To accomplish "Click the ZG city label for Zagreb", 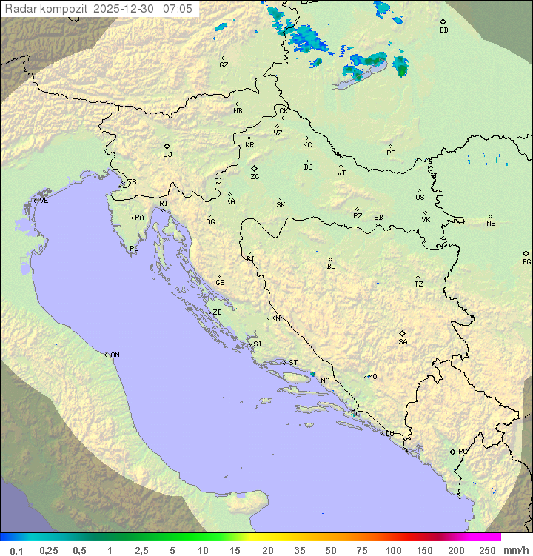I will pyautogui.click(x=255, y=177).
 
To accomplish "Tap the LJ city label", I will pyautogui.click(x=167, y=155).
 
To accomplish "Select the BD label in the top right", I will pyautogui.click(x=443, y=30).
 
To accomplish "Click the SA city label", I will pyautogui.click(x=403, y=342).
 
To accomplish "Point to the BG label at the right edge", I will pyautogui.click(x=526, y=261).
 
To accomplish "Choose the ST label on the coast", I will pyautogui.click(x=293, y=363).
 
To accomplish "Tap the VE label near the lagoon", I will pyautogui.click(x=44, y=201).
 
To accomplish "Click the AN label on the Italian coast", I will pyautogui.click(x=115, y=355).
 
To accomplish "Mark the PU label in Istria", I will pyautogui.click(x=134, y=249).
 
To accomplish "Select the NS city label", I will pyautogui.click(x=491, y=224).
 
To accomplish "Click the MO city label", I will pyautogui.click(x=372, y=377).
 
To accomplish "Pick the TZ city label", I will pyautogui.click(x=419, y=284).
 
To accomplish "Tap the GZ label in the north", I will pyautogui.click(x=224, y=65).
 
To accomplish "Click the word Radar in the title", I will pyautogui.click(x=20, y=9).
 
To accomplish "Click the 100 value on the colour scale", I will pyautogui.click(x=393, y=550).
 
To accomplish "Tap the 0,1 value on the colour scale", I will pyautogui.click(x=16, y=550).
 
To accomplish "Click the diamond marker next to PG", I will pyautogui.click(x=452, y=451).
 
